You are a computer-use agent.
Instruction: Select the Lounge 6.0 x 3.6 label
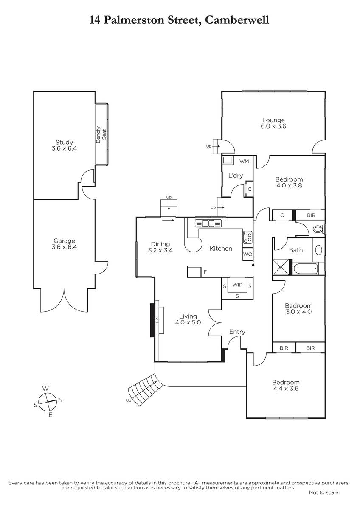pos(273,123)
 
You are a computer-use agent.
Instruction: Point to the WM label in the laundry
pos(244,161)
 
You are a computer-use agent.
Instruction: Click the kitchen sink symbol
pos(208,223)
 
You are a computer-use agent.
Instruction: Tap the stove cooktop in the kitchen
pos(247,237)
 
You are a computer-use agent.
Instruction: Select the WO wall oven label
pos(247,254)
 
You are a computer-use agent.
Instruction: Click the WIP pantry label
pos(237,285)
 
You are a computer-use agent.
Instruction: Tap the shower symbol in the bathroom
pos(281,267)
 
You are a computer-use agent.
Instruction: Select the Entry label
pos(237,332)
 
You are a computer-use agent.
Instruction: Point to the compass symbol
pos(48,402)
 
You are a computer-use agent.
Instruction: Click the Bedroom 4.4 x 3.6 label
pos(286,385)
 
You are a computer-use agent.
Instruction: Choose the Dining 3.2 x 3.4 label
pos(160,247)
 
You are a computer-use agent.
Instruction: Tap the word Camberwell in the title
pos(237,20)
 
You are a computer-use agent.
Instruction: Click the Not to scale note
pos(323,492)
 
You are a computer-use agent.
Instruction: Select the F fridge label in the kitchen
pos(205,272)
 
